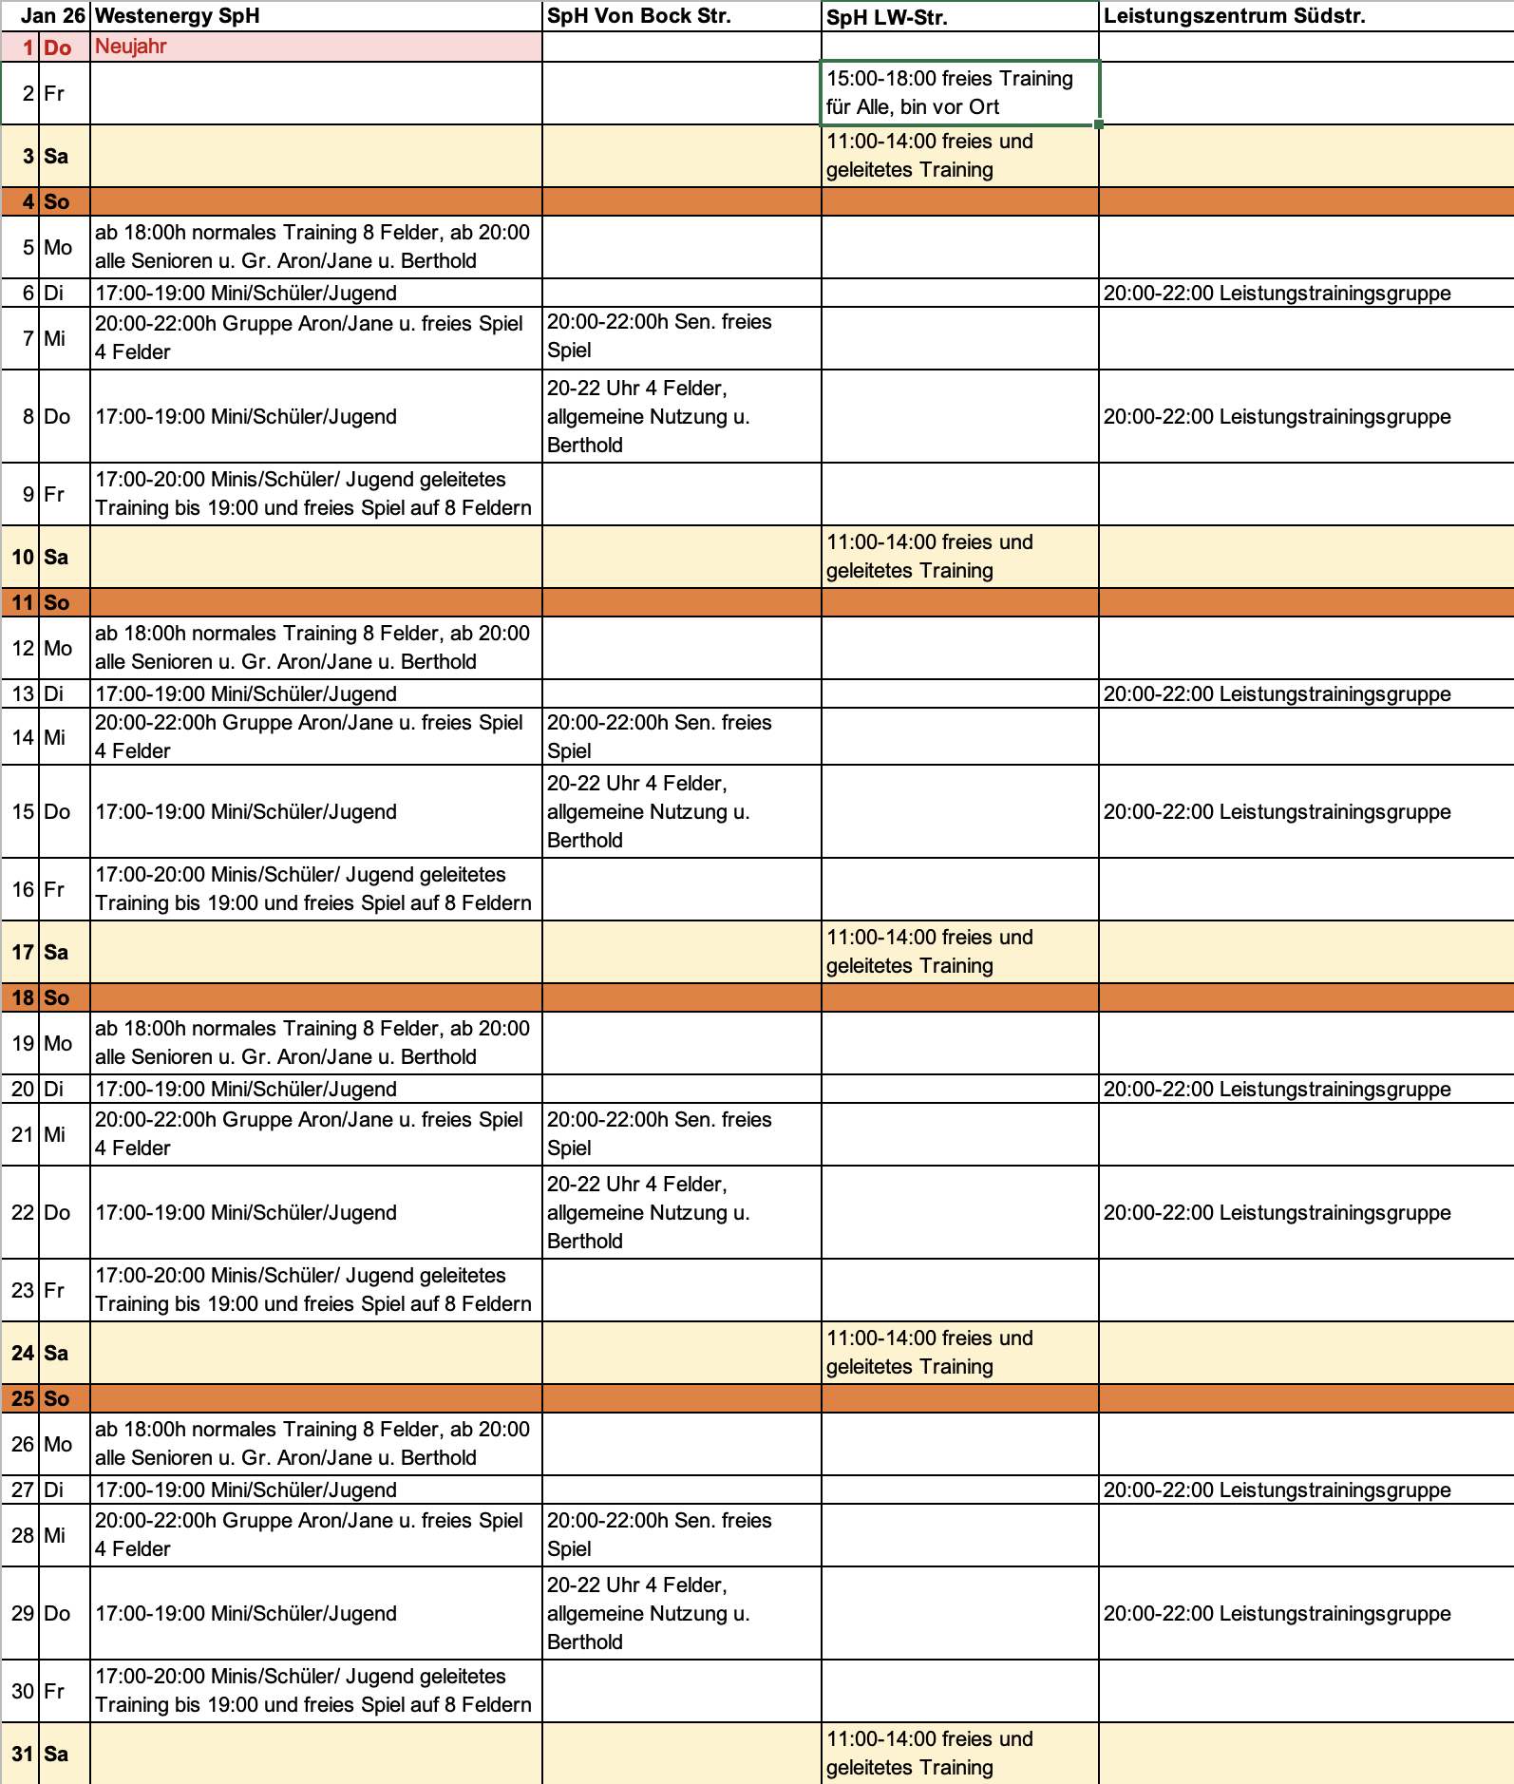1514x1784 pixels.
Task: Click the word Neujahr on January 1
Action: click(131, 47)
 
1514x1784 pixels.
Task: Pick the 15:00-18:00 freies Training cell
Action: click(958, 93)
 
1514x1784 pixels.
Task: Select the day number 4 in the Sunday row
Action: click(28, 201)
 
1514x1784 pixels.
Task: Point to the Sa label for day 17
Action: click(56, 952)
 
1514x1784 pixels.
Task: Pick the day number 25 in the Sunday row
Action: click(23, 1398)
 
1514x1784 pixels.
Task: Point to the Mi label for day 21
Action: click(55, 1134)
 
